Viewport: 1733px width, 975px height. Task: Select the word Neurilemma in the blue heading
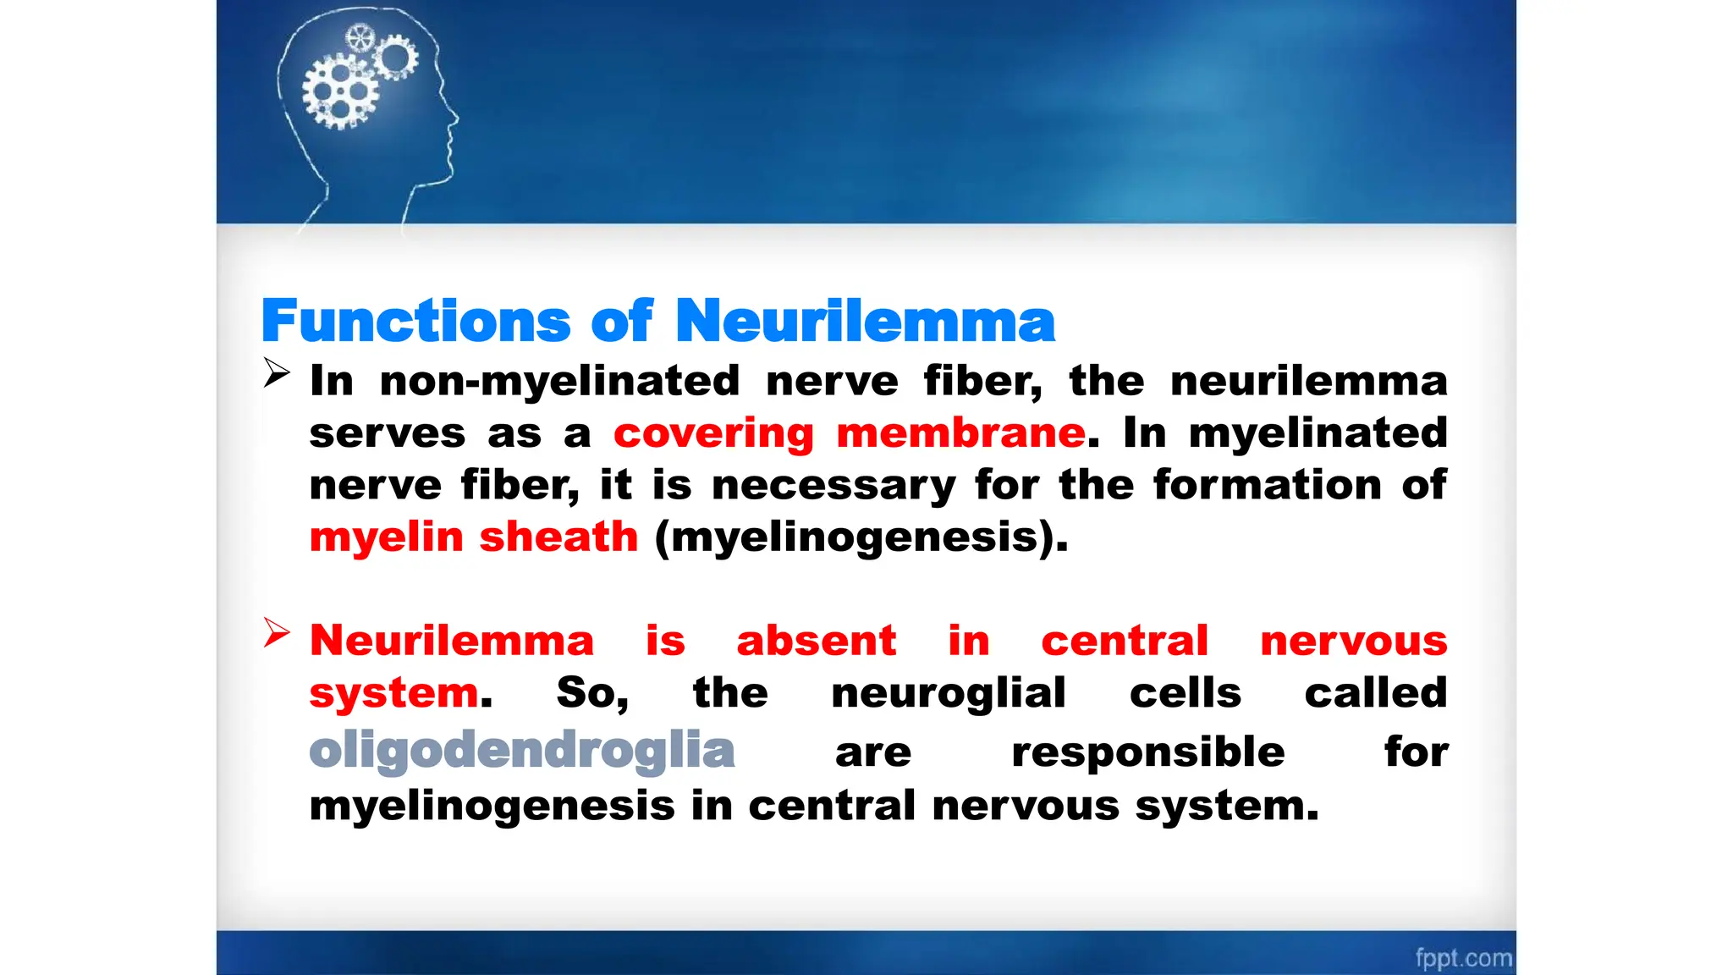865,322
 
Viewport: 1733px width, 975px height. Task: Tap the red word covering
713,434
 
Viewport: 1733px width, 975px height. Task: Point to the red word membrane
960,432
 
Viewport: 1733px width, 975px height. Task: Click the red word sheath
558,537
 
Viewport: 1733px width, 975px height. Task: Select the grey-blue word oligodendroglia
522,751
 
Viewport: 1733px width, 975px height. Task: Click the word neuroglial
948,692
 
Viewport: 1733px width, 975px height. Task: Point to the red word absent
816,640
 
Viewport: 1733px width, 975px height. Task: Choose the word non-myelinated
559,381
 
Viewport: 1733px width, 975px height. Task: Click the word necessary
833,486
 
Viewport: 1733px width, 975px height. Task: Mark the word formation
1267,485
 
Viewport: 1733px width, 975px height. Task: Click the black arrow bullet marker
277,372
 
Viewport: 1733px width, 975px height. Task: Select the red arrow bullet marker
277,633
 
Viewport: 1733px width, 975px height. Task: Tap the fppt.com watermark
1463,958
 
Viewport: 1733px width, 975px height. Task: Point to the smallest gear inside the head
360,38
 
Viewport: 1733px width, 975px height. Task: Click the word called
1375,692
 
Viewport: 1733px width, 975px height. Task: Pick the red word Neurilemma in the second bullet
452,640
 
